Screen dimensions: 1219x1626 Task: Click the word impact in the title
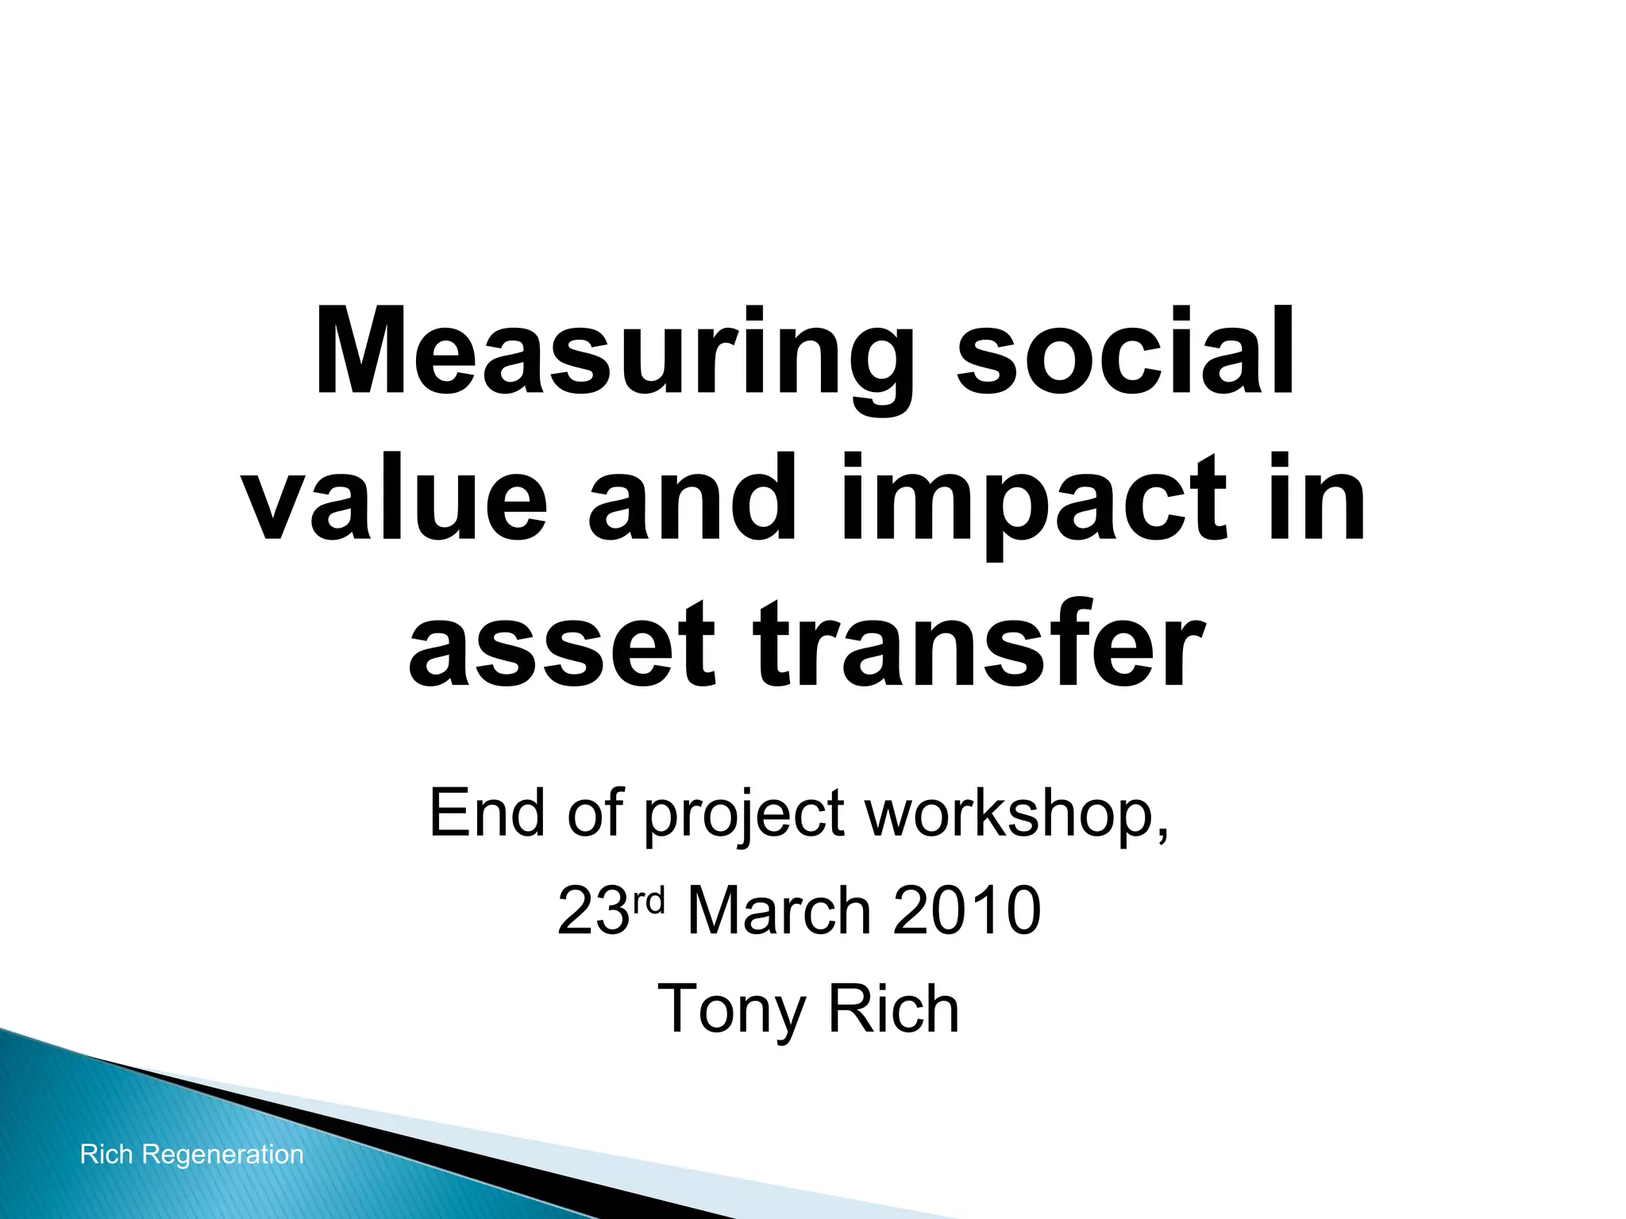pyautogui.click(x=1033, y=500)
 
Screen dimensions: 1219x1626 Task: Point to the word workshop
pyautogui.click(x=1016, y=814)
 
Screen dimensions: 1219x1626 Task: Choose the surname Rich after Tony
pyautogui.click(x=894, y=1009)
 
